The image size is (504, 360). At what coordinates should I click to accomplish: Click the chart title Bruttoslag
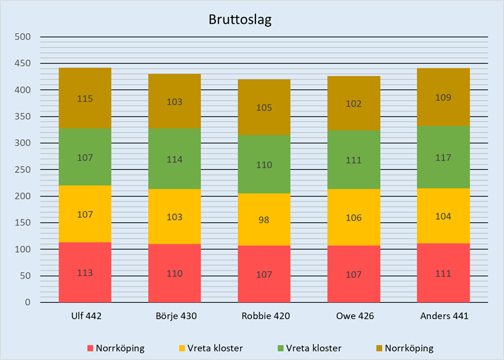coord(240,21)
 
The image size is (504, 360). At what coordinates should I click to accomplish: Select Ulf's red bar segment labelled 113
coord(85,272)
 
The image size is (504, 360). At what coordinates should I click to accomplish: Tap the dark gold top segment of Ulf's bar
coord(85,98)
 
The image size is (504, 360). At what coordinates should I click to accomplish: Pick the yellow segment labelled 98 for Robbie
coord(264,220)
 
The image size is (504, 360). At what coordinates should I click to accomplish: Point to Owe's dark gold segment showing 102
coord(353,104)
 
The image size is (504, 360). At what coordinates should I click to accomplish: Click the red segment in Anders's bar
coord(443,273)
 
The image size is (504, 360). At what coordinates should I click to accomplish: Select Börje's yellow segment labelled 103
coord(174,217)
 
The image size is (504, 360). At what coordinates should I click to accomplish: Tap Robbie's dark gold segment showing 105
coord(264,107)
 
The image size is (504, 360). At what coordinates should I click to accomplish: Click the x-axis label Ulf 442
coord(85,316)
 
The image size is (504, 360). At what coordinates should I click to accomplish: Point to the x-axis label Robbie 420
coord(264,316)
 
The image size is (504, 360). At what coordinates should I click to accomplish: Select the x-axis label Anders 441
coord(443,316)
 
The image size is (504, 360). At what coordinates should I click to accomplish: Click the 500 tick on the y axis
coord(23,37)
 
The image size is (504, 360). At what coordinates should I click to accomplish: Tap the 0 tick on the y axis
coord(27,302)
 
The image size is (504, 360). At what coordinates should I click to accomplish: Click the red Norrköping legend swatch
coord(90,348)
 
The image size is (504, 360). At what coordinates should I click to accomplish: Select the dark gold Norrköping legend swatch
coord(379,348)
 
